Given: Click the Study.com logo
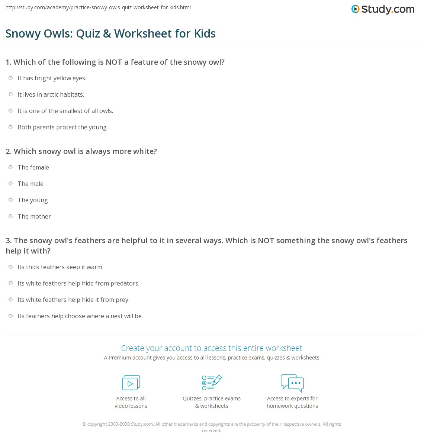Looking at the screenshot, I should click(x=383, y=9).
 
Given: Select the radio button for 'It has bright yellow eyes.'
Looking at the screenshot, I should click(x=11, y=78).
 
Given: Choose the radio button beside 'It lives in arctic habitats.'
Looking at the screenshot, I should click(x=11, y=94).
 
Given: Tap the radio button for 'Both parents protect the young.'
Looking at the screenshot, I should click(x=11, y=127).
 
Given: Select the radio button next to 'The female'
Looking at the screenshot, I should click(x=11, y=167).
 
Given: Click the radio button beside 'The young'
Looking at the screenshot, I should click(x=11, y=200).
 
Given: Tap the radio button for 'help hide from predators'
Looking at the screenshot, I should click(x=11, y=283).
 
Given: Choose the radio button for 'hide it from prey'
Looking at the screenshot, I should click(x=11, y=300).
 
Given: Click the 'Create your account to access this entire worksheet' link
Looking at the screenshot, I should click(x=212, y=348).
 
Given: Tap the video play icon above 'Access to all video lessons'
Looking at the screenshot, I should click(x=131, y=383).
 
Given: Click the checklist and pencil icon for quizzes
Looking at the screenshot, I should click(x=212, y=383).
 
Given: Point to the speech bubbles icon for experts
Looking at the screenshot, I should click(x=292, y=383).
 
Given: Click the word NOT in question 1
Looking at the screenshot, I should click(x=114, y=62).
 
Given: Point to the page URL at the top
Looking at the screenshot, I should click(x=98, y=7).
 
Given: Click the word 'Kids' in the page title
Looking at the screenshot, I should click(x=205, y=33).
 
